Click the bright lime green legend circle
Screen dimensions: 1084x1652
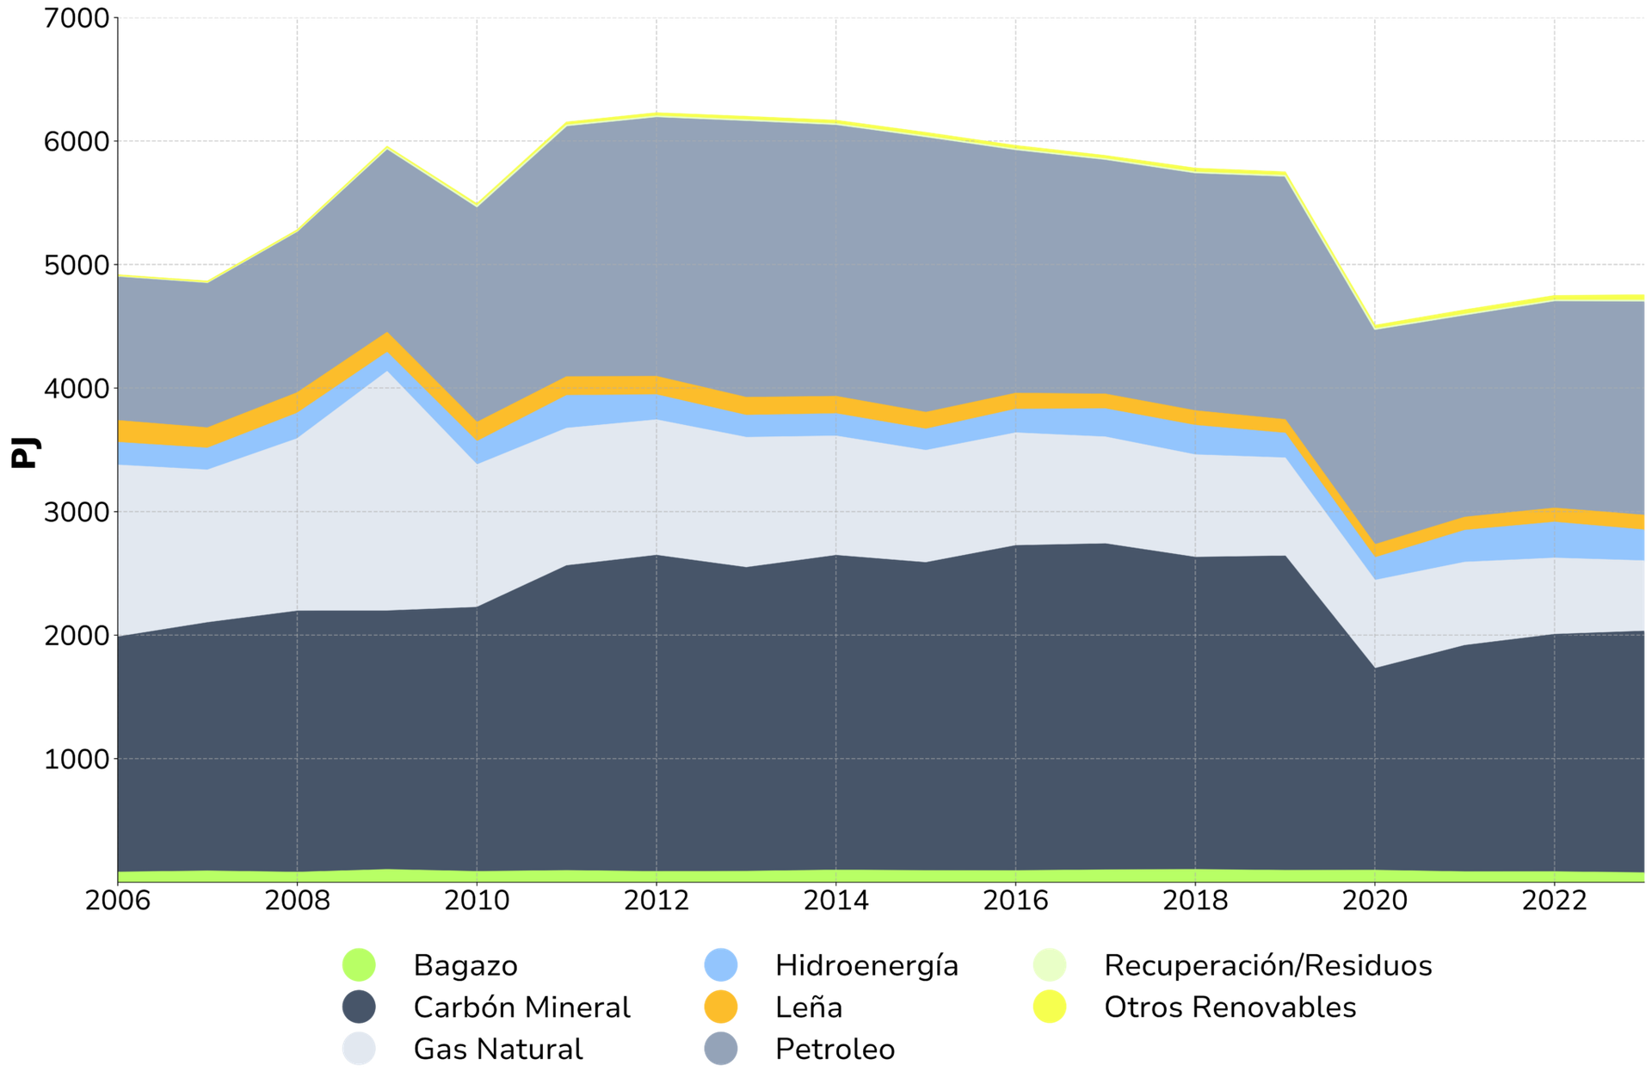pyautogui.click(x=356, y=965)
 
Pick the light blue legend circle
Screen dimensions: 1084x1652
pyautogui.click(x=719, y=965)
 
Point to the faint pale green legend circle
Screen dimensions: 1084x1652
pyautogui.click(x=1048, y=965)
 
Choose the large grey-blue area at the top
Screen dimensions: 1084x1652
pyautogui.click(x=860, y=258)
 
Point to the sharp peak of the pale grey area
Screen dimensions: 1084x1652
pyautogui.click(x=388, y=373)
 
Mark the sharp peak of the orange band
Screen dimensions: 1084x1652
pyautogui.click(x=388, y=340)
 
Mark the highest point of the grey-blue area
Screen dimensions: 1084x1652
pyautogui.click(x=658, y=118)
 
